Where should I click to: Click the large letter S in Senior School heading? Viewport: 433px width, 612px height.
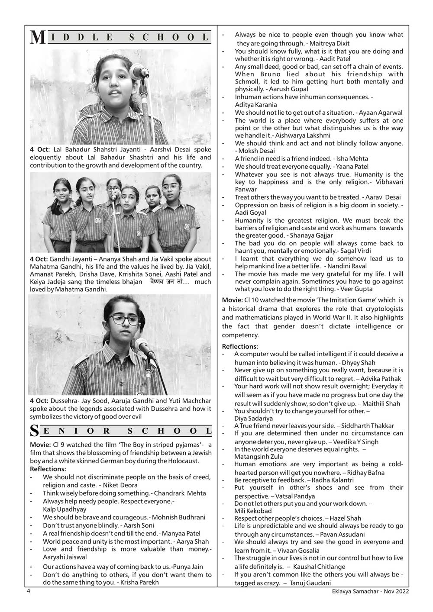point(35,431)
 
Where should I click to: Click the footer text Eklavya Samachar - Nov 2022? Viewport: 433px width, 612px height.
point(368,592)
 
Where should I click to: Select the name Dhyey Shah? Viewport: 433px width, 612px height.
point(359,363)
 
